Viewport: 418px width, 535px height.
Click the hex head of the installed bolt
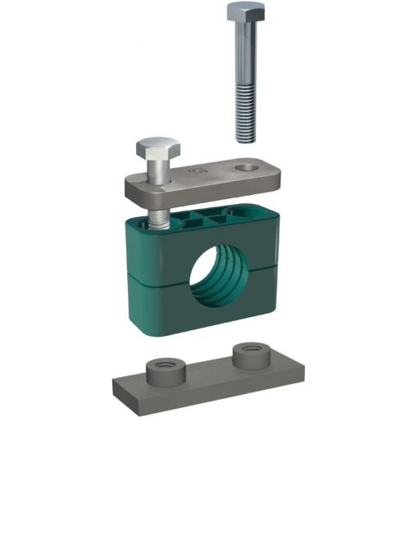click(x=153, y=151)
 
